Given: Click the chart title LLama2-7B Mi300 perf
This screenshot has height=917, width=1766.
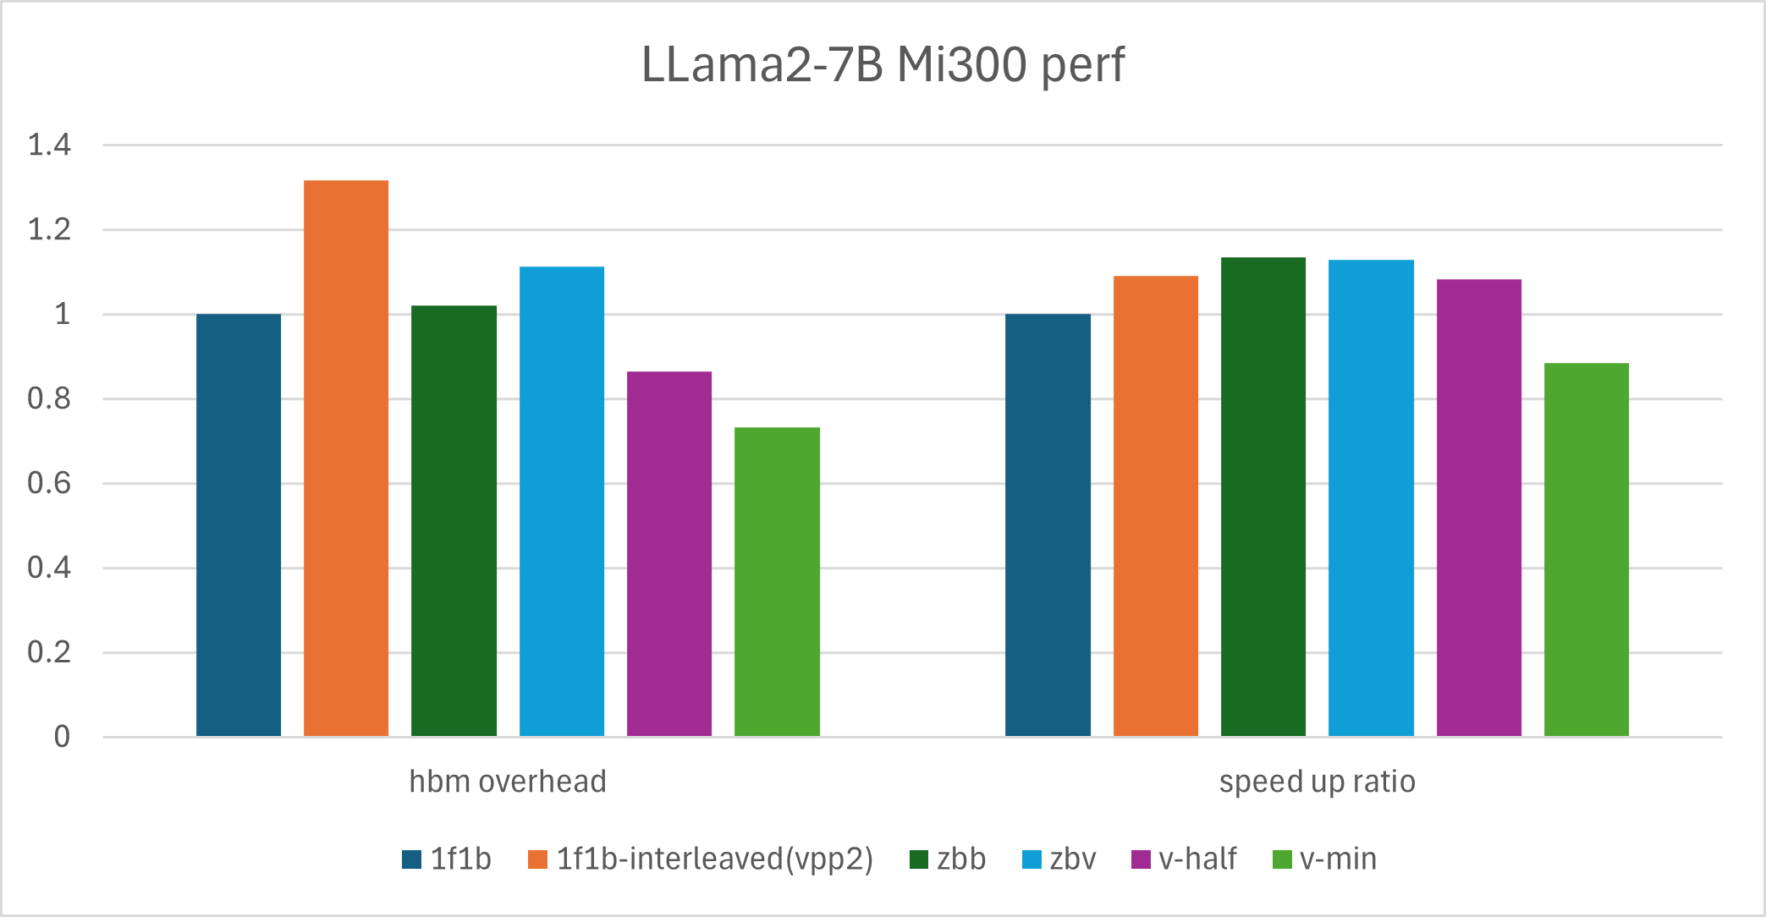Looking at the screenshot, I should pyautogui.click(x=883, y=64).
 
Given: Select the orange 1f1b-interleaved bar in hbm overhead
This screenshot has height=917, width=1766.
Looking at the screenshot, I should pyautogui.click(x=346, y=458).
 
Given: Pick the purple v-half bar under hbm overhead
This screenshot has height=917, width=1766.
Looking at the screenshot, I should pyautogui.click(x=669, y=553).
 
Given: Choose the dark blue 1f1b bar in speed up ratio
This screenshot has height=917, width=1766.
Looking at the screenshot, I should pyautogui.click(x=1048, y=524).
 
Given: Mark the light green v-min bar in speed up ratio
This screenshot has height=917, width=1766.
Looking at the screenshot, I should pyautogui.click(x=1587, y=549).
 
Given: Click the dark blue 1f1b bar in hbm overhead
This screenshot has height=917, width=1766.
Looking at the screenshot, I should pyautogui.click(x=239, y=524).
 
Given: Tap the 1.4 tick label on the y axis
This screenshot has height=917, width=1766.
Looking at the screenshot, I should pyautogui.click(x=49, y=146).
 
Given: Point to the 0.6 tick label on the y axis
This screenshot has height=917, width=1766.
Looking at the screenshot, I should pyautogui.click(x=49, y=484).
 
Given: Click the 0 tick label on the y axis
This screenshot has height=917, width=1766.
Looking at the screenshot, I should pyautogui.click(x=62, y=737).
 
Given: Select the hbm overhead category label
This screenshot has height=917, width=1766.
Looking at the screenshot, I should pyautogui.click(x=508, y=782).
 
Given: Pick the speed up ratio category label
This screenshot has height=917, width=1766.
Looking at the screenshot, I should pyautogui.click(x=1317, y=782).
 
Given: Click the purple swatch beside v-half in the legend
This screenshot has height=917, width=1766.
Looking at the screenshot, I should pyautogui.click(x=1141, y=859).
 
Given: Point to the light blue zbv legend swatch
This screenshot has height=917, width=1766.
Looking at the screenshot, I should pyautogui.click(x=1032, y=859).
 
